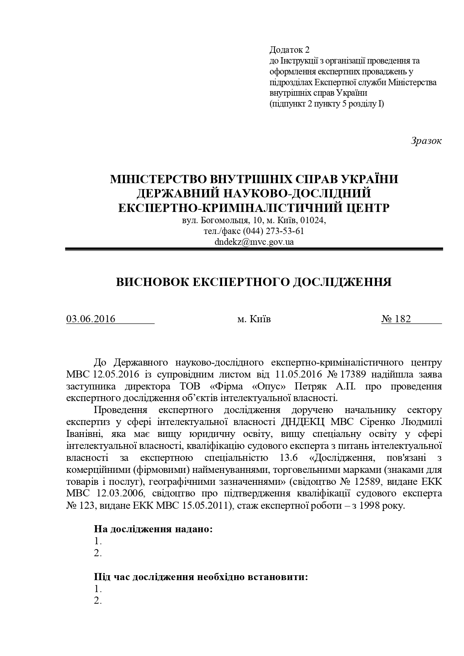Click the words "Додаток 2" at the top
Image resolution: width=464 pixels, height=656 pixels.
[289, 50]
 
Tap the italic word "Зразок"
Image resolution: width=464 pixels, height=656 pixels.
[426, 141]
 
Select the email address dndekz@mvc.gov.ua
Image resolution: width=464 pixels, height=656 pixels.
[254, 241]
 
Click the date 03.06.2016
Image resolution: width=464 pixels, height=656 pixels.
[91, 319]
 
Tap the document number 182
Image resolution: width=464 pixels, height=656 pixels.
[402, 319]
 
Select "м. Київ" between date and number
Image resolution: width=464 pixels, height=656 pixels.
[254, 319]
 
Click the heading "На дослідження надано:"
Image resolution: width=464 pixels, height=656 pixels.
[153, 529]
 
